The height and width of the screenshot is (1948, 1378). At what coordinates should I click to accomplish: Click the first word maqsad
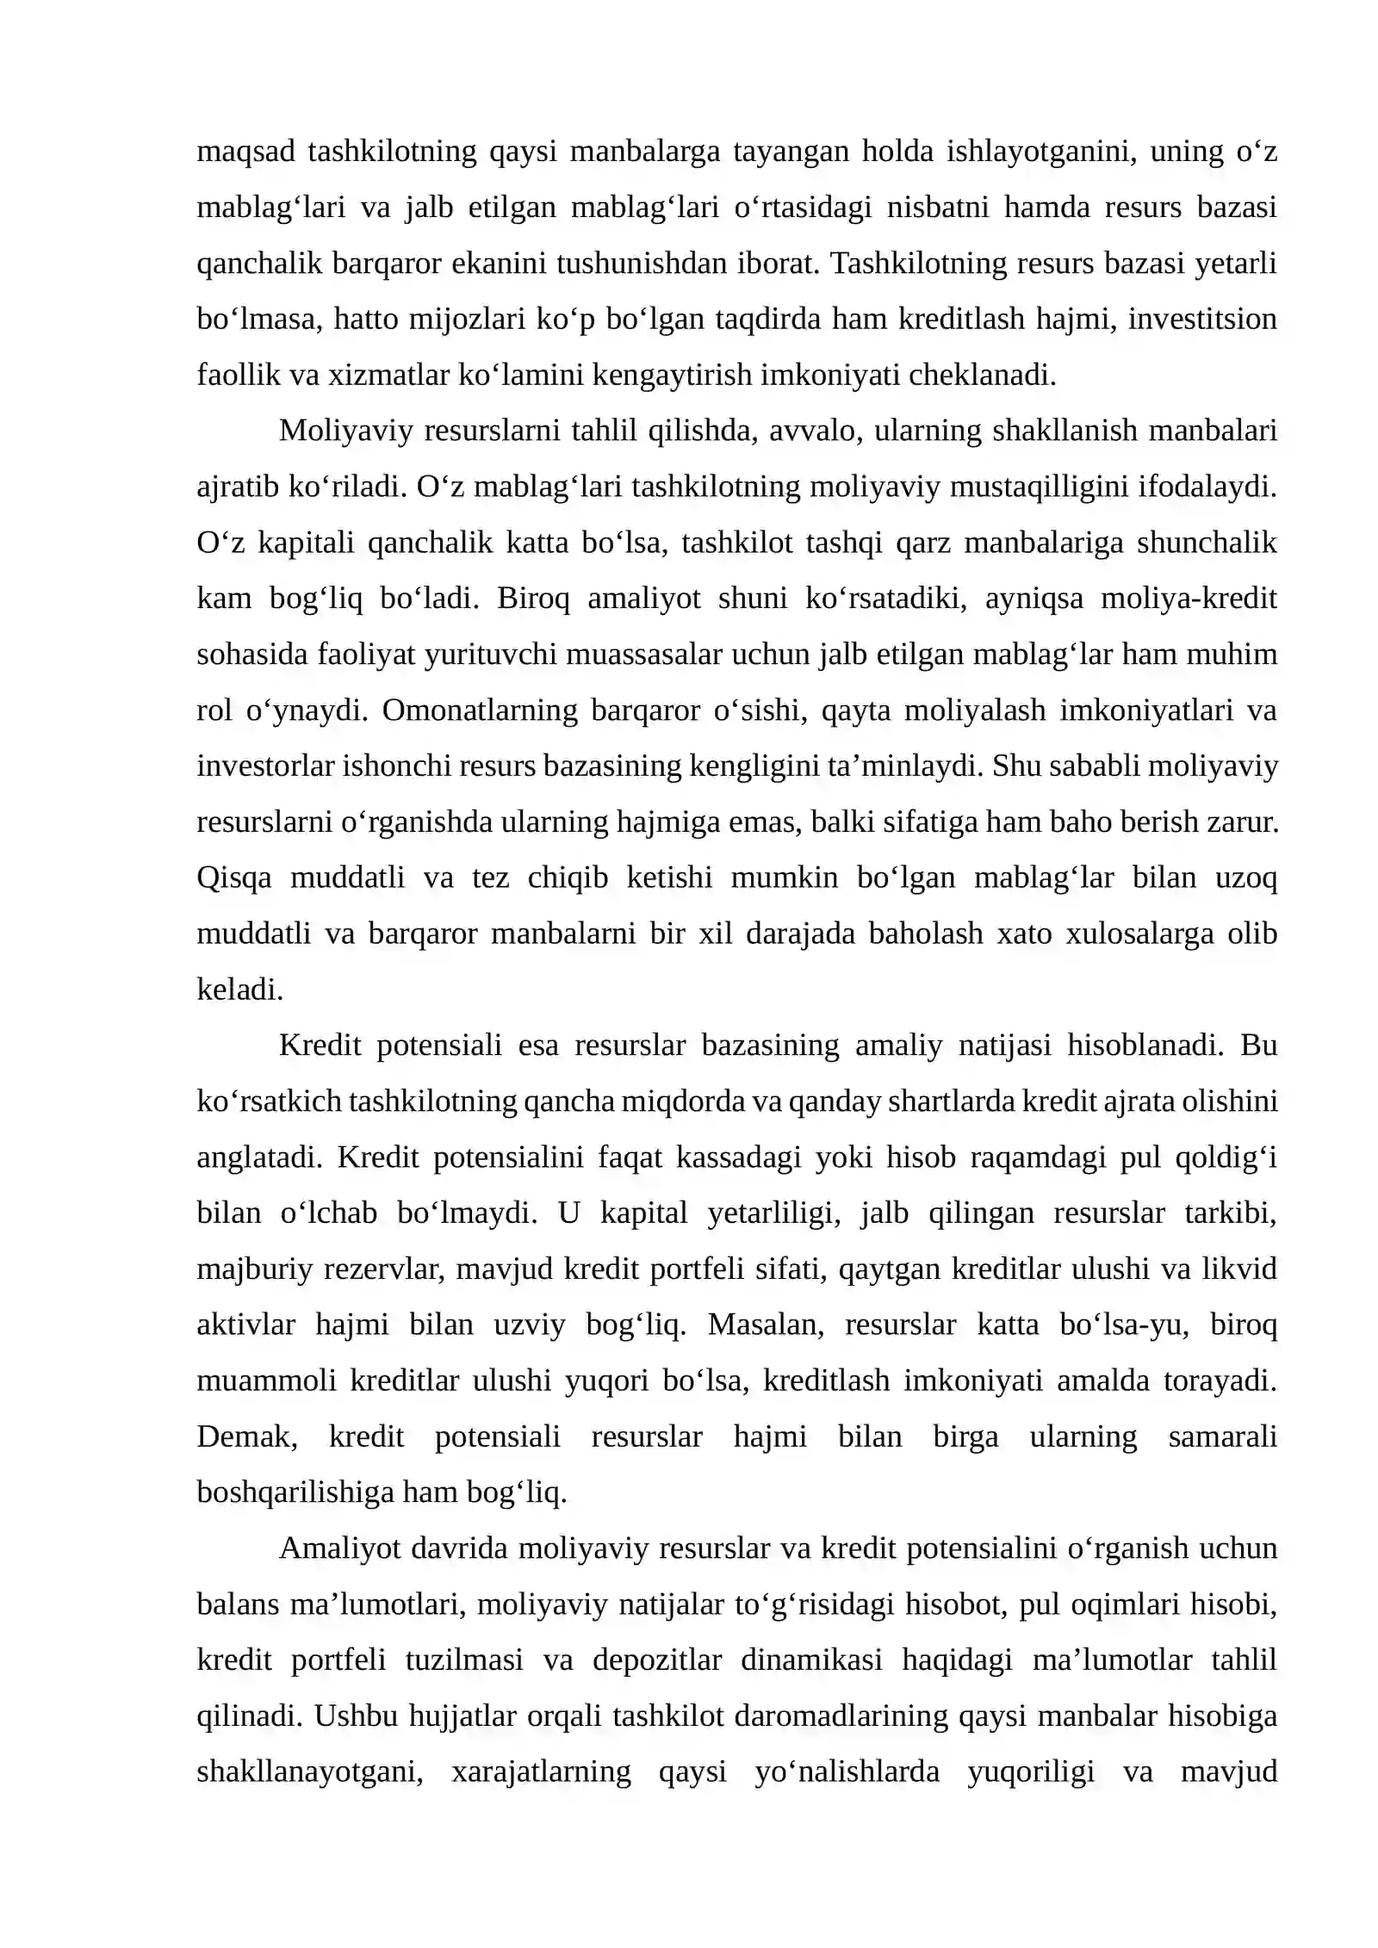(245, 152)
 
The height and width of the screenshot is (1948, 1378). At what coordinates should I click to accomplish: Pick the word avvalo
(815, 431)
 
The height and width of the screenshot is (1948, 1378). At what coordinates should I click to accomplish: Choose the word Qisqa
(234, 878)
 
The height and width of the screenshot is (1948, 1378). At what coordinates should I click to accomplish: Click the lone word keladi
(239, 990)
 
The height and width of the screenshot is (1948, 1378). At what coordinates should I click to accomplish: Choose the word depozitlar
(656, 1660)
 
